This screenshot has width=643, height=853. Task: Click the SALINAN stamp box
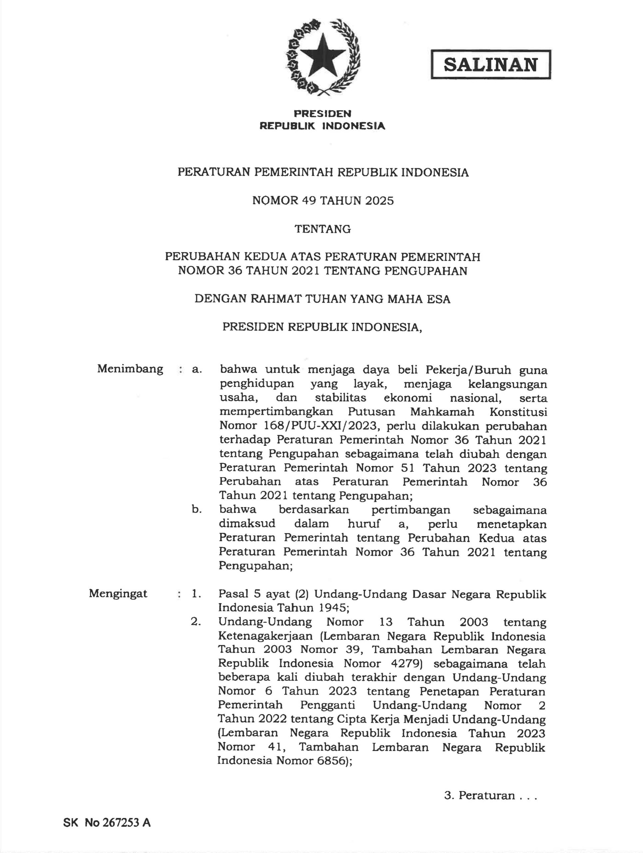(x=490, y=65)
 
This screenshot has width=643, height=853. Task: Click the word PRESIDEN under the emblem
(x=322, y=113)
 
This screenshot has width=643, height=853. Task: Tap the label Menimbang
(x=130, y=369)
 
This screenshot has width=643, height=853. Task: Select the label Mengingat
(x=118, y=593)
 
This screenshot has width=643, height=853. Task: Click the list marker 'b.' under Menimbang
(x=197, y=509)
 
